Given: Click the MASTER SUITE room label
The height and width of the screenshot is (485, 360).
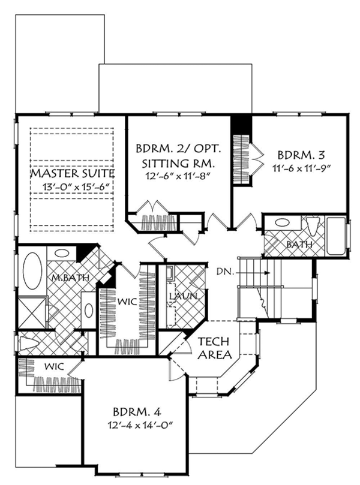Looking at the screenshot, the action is pos(73,173).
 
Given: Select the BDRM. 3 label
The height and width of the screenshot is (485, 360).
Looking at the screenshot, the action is pos(301,155).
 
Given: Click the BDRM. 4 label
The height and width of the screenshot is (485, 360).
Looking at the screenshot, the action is pos(137,412).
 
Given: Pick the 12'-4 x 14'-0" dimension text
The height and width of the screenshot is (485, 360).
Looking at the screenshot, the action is pos(140,426).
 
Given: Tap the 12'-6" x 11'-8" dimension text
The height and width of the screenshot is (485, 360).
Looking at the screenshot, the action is pos(178,176).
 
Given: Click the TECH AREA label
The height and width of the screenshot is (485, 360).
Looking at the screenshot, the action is pos(215,348).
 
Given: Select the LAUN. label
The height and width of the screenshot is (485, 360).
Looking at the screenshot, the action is pos(184,296).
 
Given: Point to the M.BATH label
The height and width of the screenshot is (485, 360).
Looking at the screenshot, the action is pos(70,278).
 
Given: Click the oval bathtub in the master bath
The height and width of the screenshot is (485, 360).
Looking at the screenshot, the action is pos(32,270).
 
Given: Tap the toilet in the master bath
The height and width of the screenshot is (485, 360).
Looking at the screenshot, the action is pos(29,343).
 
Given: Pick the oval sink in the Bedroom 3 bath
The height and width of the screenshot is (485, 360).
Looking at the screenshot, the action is pos(281,222).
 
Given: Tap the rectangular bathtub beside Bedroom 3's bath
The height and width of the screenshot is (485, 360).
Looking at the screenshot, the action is pos(337,237).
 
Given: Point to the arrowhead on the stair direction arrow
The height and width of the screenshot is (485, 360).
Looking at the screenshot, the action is pos(268,273).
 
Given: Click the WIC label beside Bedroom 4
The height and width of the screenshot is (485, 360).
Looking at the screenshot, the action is pos(54,367).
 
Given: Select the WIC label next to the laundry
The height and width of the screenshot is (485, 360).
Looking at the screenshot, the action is pos(127,302).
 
